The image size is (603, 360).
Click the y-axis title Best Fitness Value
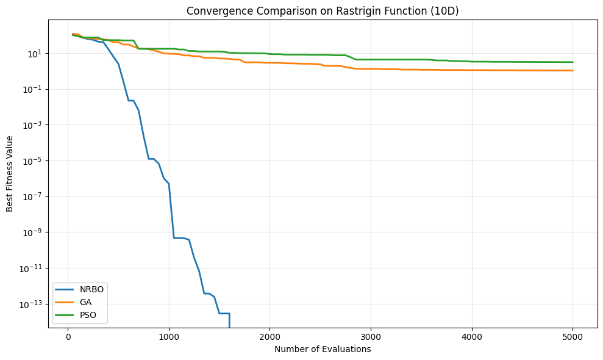[10, 173]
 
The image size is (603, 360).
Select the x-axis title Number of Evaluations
[323, 350]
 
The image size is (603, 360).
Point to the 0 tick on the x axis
[68, 337]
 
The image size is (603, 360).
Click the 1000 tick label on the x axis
[169, 337]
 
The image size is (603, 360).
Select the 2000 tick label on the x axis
[269, 337]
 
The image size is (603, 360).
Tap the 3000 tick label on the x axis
[371, 337]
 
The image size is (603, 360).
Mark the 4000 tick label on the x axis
[472, 337]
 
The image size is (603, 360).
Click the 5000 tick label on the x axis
[573, 337]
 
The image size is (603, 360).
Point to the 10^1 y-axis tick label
[35, 53]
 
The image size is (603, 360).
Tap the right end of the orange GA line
[573, 71]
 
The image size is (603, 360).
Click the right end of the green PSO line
[573, 62]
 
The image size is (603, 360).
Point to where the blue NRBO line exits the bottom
[229, 327]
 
